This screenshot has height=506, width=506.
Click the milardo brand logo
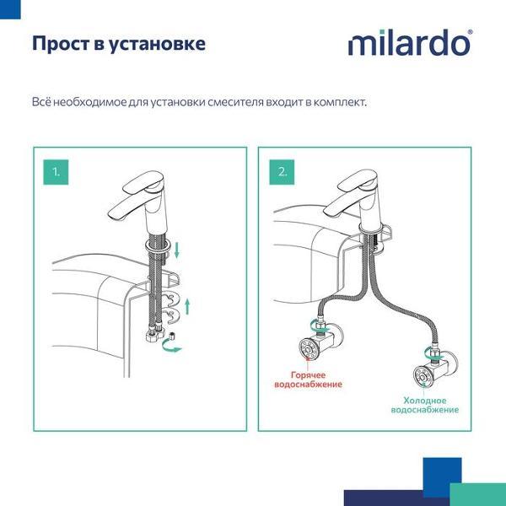410,43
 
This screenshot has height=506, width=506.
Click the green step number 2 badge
282,171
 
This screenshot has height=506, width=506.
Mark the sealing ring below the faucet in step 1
159,245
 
